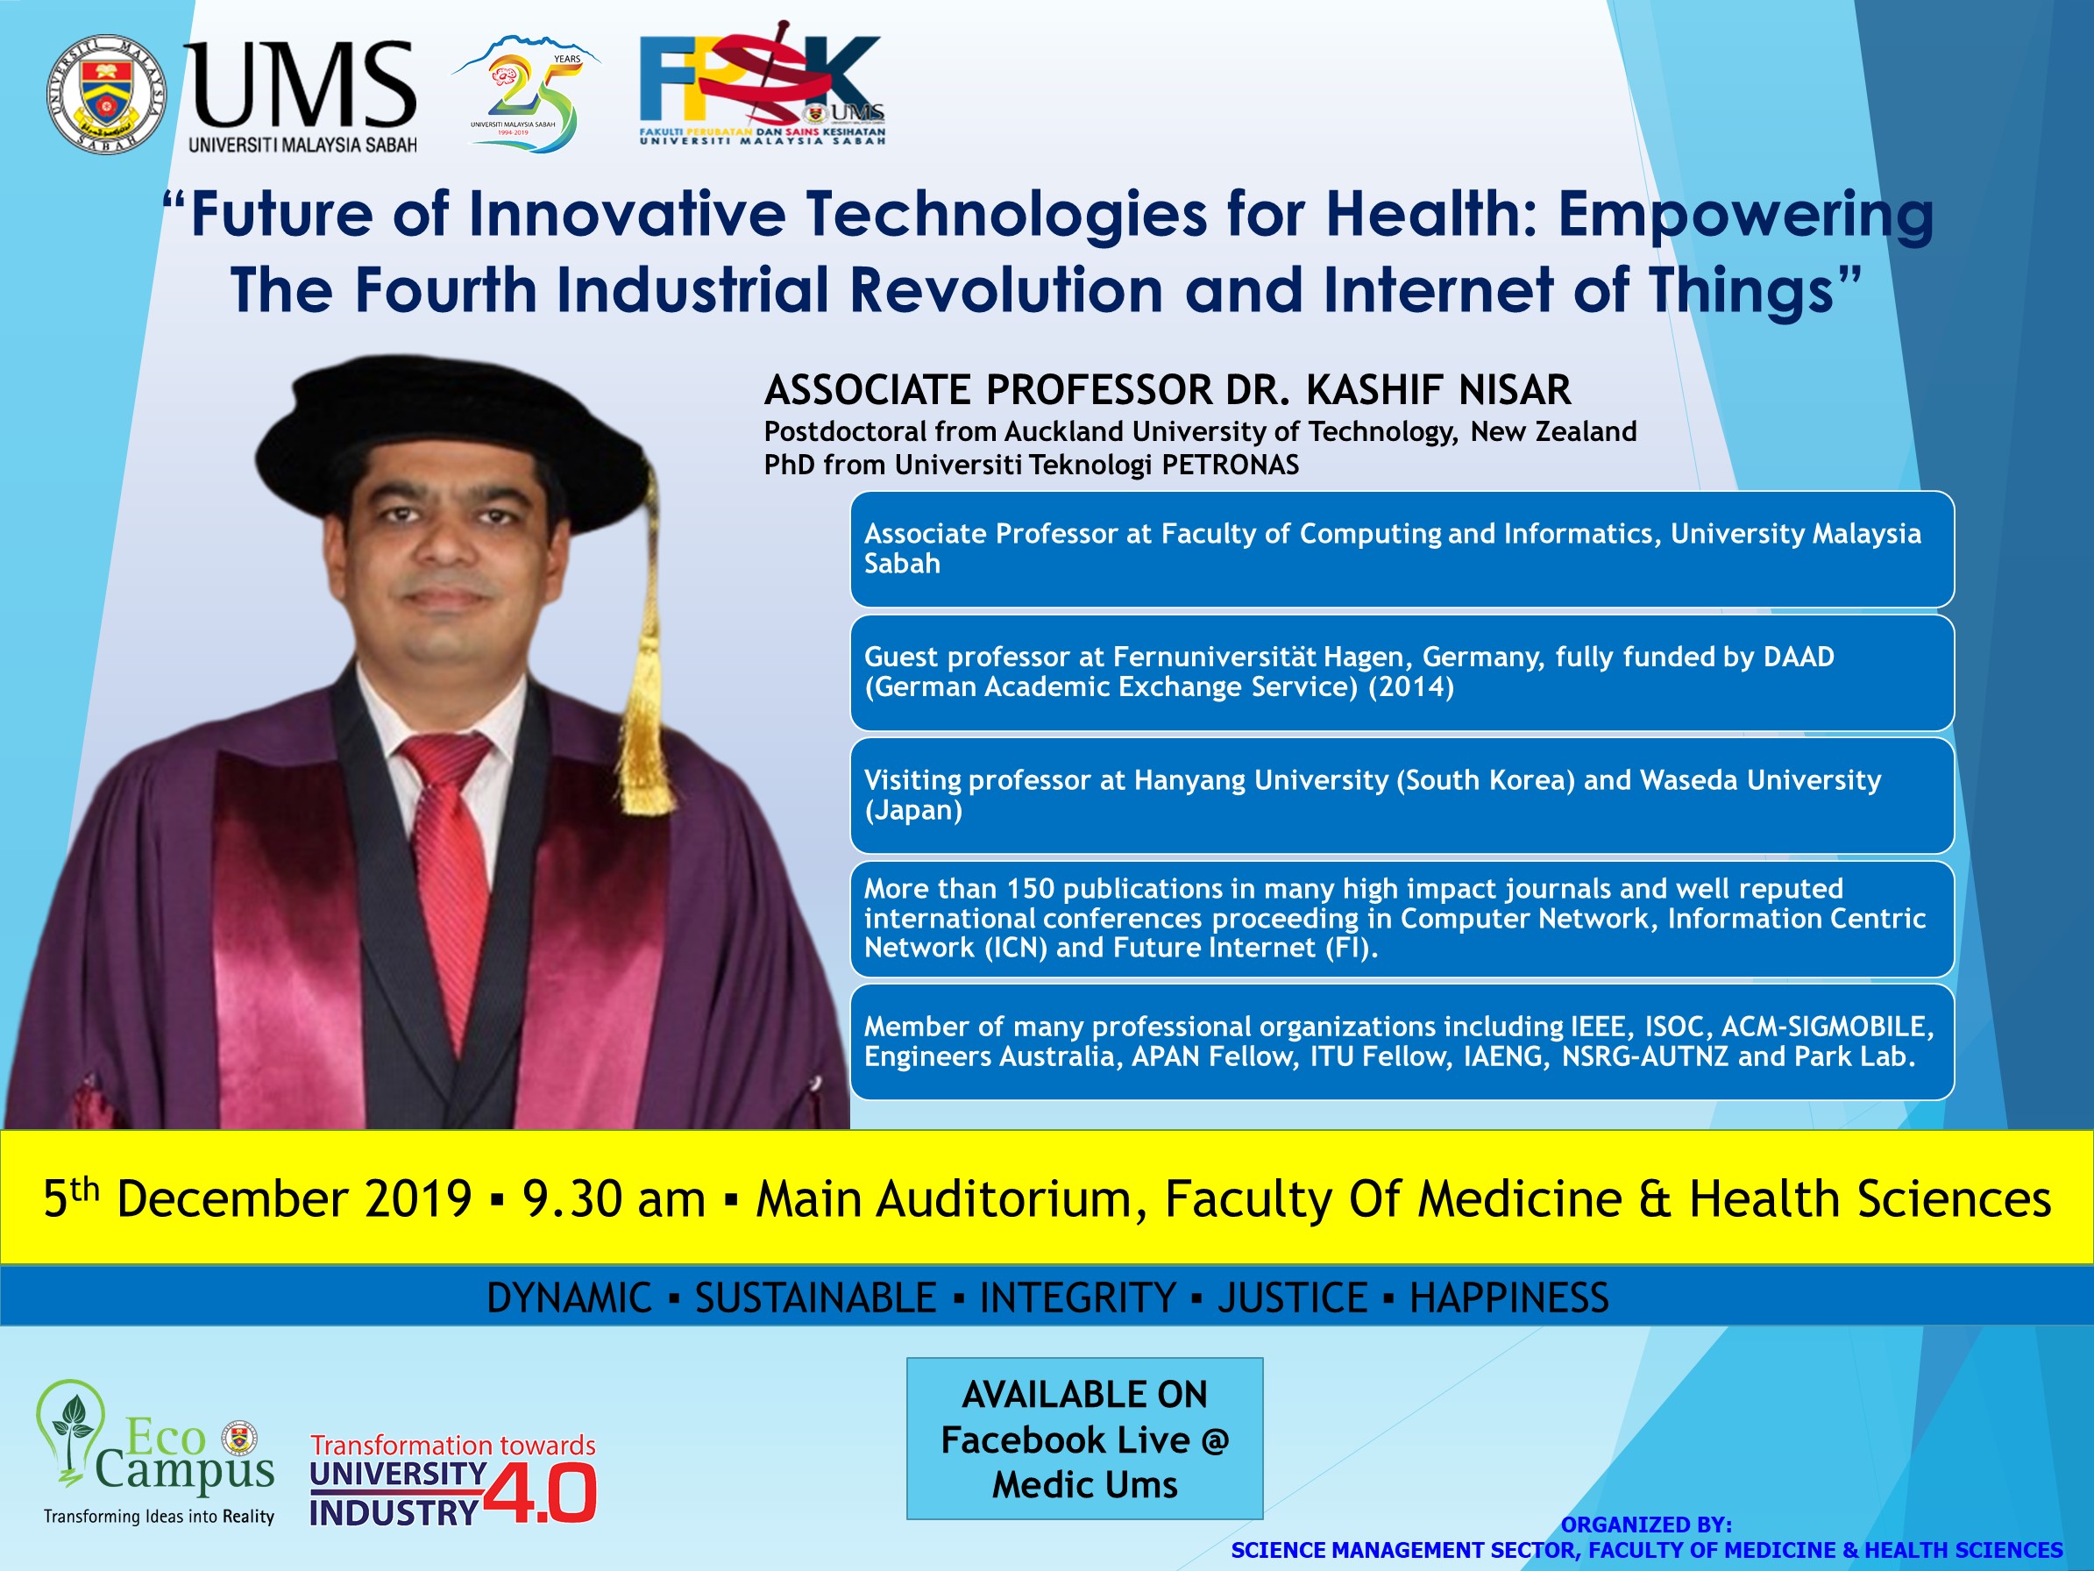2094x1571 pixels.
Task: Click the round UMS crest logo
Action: (106, 95)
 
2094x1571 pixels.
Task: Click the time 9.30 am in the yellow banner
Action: (614, 1198)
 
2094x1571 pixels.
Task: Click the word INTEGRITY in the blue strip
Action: (1077, 1297)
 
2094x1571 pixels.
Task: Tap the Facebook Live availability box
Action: (1085, 1439)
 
